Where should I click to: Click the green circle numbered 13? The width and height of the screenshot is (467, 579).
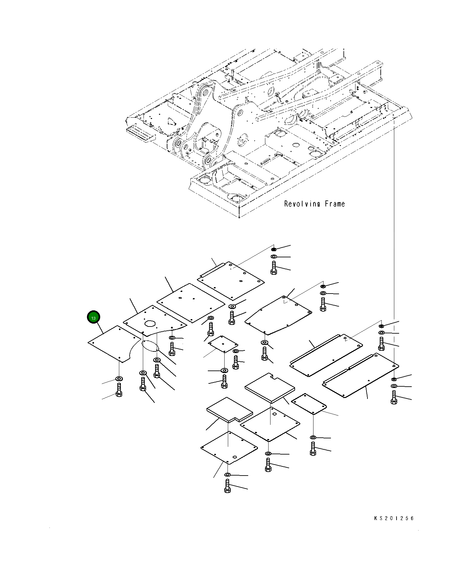(93, 317)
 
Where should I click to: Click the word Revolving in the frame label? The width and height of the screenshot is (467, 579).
(302, 204)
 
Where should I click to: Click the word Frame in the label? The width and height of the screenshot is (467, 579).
(335, 204)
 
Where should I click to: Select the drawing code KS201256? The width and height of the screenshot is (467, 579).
(394, 518)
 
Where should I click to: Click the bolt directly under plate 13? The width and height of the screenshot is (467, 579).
(119, 390)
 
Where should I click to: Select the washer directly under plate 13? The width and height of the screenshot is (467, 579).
(119, 379)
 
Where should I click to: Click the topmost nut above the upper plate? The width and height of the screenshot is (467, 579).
(274, 249)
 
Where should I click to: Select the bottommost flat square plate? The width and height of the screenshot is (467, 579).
(229, 447)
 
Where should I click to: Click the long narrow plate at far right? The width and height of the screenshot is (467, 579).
(360, 375)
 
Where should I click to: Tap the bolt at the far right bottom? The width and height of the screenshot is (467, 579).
(394, 397)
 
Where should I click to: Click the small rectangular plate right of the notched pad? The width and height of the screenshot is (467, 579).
(309, 403)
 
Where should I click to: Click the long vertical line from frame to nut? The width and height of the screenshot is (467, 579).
(394, 226)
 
